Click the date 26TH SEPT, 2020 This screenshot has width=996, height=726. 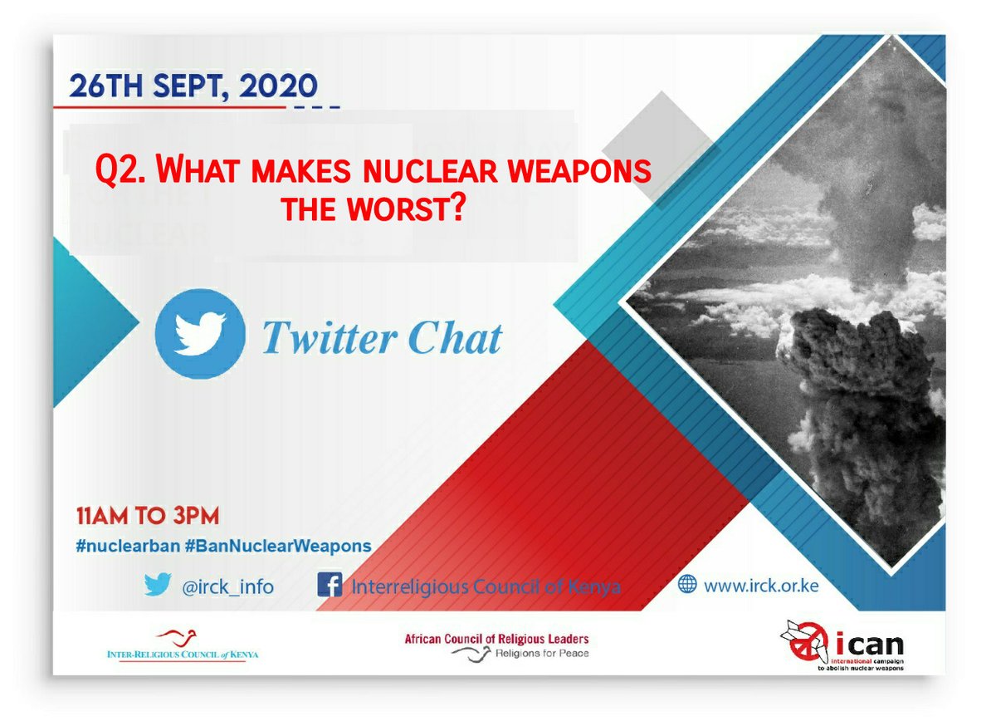(x=193, y=86)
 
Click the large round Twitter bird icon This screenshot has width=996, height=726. (x=200, y=335)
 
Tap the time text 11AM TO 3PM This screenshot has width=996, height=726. (x=147, y=516)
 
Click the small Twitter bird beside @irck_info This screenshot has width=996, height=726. (x=157, y=585)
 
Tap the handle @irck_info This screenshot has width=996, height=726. (x=227, y=586)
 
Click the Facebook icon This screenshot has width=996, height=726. (x=330, y=586)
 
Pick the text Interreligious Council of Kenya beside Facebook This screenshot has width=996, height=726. (x=486, y=586)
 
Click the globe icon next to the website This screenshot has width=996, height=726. (x=687, y=585)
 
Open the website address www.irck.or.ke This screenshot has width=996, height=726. (x=761, y=586)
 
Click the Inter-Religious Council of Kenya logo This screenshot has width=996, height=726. (x=183, y=645)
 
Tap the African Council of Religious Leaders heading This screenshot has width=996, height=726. (x=496, y=638)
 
